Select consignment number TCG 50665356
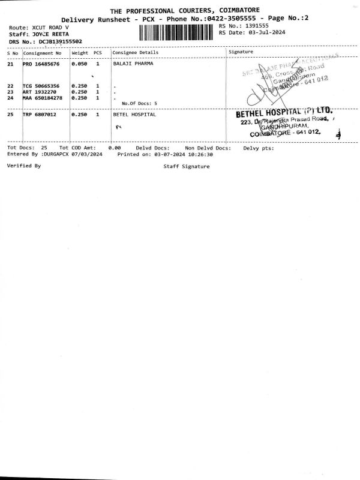point(41,86)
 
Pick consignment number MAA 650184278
point(43,97)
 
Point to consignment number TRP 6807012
point(40,114)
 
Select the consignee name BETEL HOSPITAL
point(134,114)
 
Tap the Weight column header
point(80,53)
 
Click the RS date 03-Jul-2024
point(265,33)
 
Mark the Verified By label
point(24,165)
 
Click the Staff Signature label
point(187,166)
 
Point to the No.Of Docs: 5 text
point(140,104)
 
